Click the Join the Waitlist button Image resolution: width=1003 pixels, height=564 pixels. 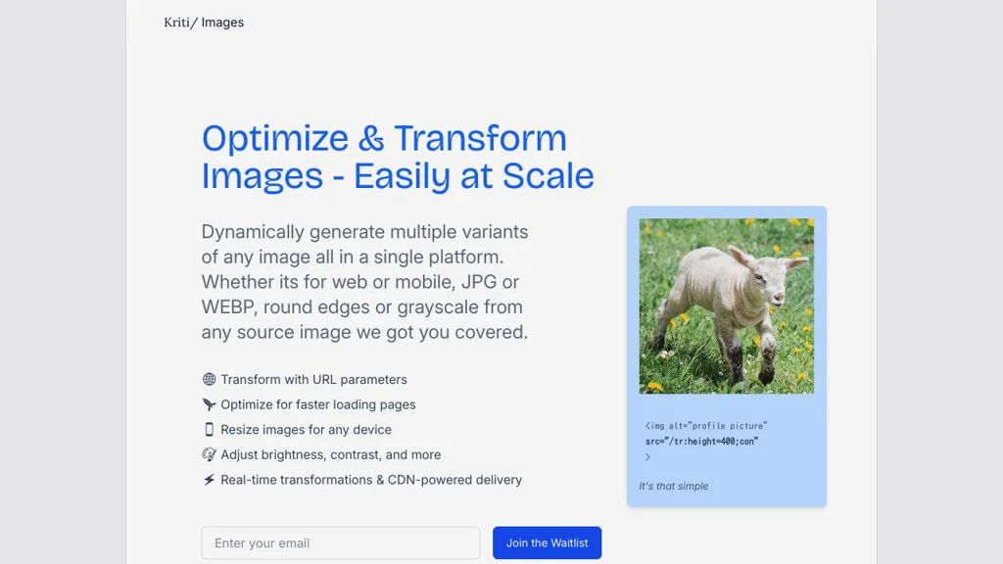coord(547,542)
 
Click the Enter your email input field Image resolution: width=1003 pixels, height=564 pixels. coord(340,542)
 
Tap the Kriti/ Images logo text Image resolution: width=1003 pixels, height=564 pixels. coord(204,23)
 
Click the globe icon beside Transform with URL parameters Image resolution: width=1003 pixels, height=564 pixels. coord(209,379)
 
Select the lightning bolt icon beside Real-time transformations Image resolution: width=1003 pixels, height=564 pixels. coord(209,480)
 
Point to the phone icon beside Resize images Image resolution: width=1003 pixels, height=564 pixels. coord(209,430)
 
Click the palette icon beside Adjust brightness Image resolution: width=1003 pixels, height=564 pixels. coord(209,454)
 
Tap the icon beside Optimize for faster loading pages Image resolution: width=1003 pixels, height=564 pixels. coord(209,404)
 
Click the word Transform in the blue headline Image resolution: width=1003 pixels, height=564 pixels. coord(480,138)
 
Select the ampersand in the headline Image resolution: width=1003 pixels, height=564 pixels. coord(371,139)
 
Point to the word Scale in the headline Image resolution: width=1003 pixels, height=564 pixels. coord(549,176)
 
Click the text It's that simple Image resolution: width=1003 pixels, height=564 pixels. coord(674,486)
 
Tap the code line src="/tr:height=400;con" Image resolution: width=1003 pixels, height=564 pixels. coord(701,442)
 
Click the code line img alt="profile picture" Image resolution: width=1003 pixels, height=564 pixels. coord(706,426)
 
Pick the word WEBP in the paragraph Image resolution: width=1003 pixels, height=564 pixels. coord(229,306)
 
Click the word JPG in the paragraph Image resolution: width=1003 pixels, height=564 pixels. coord(479,282)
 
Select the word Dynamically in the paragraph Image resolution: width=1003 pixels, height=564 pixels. coord(253,232)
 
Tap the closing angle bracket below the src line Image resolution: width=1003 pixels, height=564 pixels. coord(647,457)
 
